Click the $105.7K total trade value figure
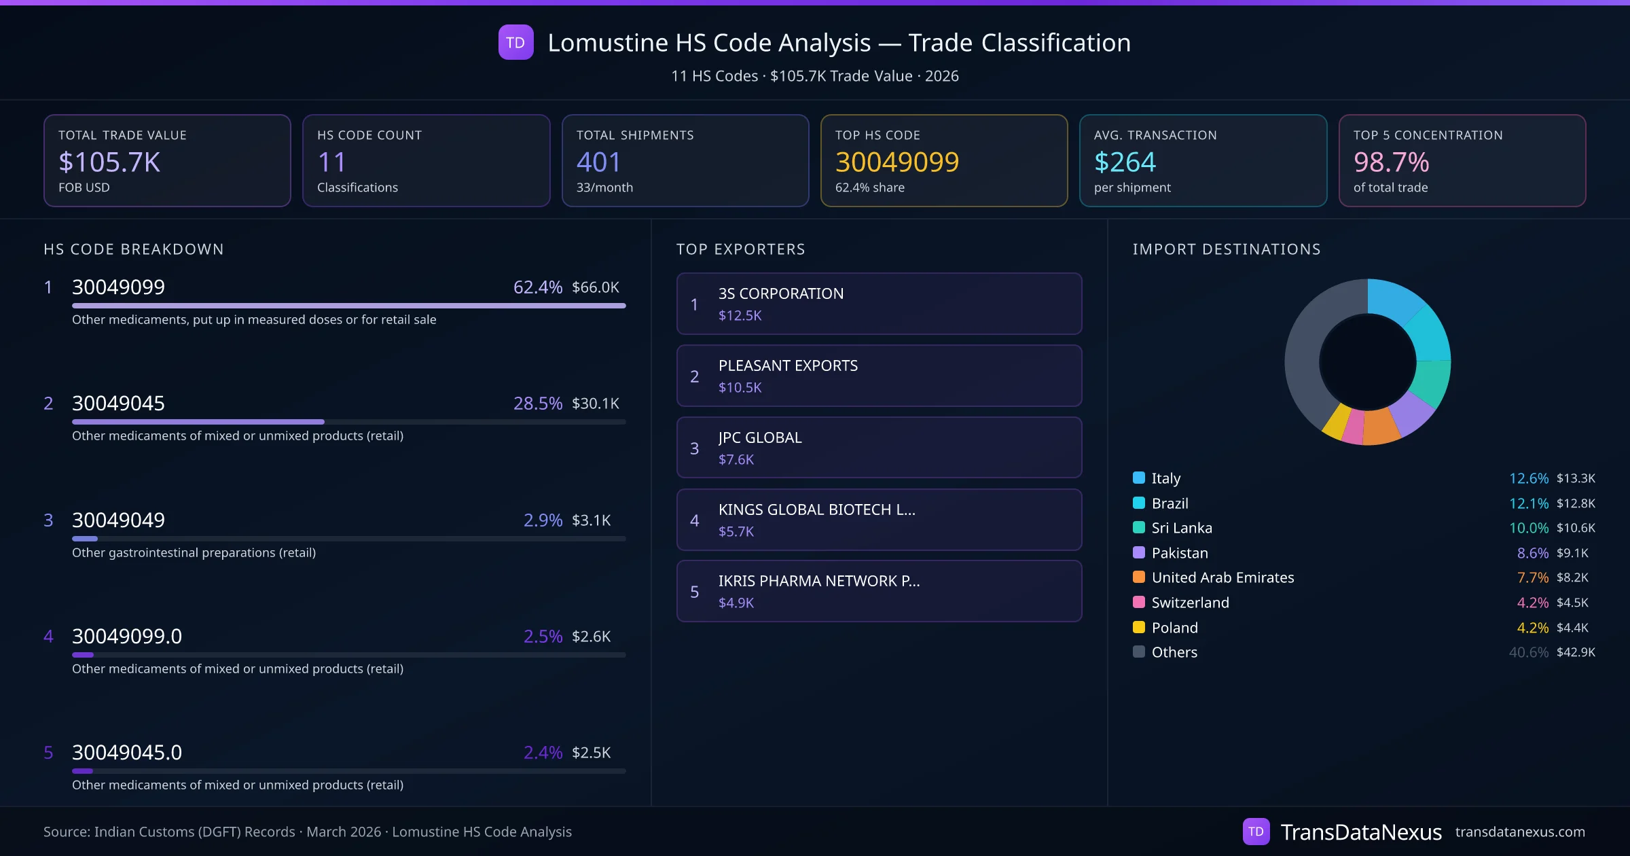109,162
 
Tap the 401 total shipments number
598,162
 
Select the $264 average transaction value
1125,162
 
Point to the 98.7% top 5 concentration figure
1391,162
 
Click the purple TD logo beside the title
515,43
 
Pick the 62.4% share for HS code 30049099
537,287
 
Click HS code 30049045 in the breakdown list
118,404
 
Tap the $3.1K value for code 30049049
591,520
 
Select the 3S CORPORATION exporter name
781,293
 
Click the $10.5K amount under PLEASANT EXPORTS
740,387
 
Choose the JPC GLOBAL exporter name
760,438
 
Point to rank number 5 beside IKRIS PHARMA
694,592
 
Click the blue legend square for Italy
1139,478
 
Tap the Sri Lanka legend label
1182,528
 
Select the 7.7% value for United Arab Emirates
1532,577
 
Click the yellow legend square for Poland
1139,627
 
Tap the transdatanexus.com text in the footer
1520,832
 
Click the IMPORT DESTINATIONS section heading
1227,249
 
